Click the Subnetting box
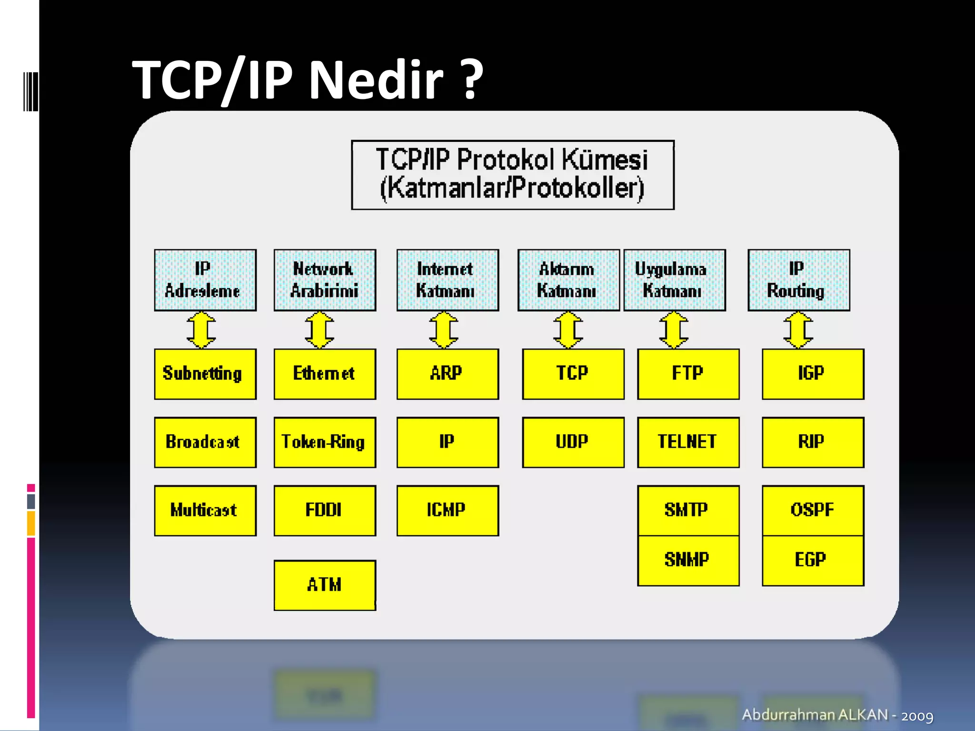click(205, 374)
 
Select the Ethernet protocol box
click(325, 374)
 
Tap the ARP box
click(448, 374)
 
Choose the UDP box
click(573, 442)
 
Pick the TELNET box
click(688, 442)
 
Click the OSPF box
click(813, 510)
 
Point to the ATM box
click(325, 585)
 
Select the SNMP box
click(688, 560)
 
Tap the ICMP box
click(448, 510)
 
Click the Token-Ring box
click(325, 442)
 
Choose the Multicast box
click(205, 510)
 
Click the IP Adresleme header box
click(205, 280)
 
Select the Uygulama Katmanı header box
click(674, 280)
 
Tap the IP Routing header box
click(798, 280)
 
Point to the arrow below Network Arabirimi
click(319, 330)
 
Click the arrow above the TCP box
click(568, 330)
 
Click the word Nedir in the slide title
click(376, 79)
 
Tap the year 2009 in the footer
click(917, 716)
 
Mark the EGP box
click(813, 560)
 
